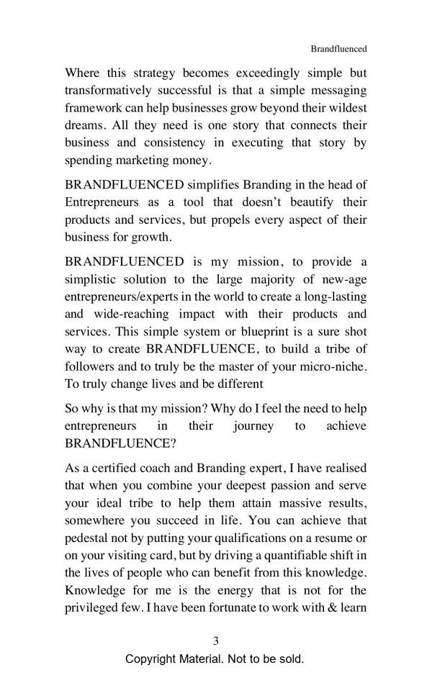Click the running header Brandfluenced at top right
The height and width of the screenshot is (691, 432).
tap(338, 49)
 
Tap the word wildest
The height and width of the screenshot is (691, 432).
tap(345, 107)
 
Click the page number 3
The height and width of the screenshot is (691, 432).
tap(215, 641)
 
